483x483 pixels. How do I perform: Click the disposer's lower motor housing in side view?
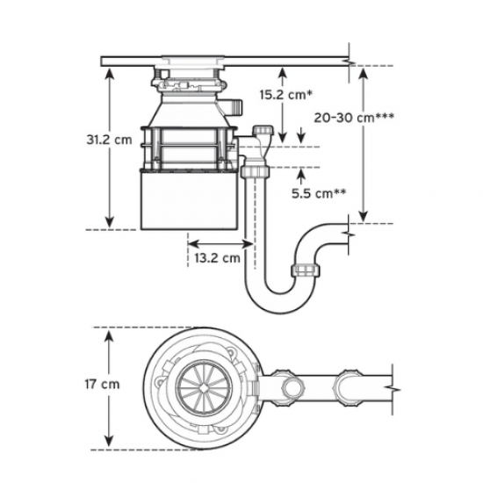188,201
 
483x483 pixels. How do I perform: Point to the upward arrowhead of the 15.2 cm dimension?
281,71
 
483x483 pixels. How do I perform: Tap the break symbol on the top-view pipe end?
397,385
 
